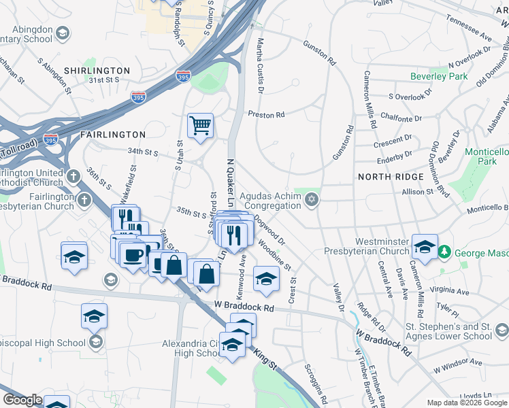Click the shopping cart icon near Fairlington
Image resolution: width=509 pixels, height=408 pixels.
click(x=201, y=125)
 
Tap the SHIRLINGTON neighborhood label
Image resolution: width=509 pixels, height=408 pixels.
click(x=97, y=71)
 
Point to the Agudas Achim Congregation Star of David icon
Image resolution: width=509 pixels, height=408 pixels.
click(x=312, y=199)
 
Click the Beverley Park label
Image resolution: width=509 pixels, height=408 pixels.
click(x=439, y=77)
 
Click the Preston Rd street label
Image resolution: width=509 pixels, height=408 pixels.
click(x=266, y=115)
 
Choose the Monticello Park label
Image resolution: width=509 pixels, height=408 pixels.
click(x=486, y=156)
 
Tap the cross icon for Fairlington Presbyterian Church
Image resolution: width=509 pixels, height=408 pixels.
click(x=84, y=200)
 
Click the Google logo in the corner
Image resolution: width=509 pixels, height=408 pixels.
click(x=22, y=400)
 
